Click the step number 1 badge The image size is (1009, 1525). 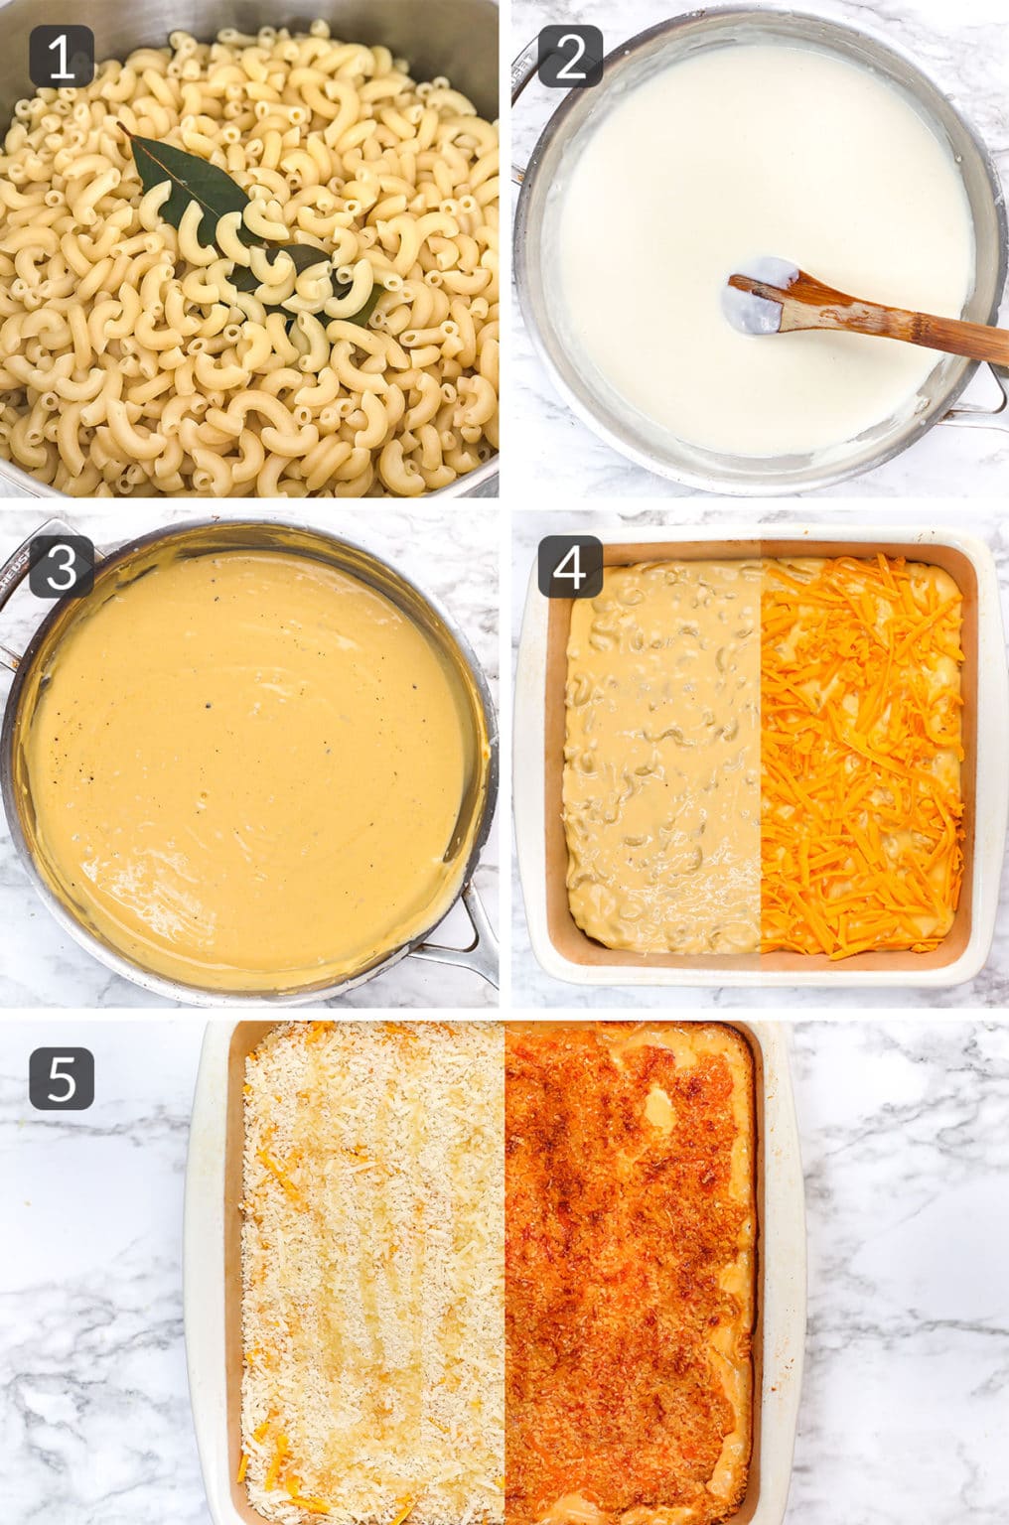click(62, 57)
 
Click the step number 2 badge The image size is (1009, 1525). click(570, 57)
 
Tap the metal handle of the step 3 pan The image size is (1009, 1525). click(467, 943)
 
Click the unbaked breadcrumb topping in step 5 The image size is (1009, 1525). click(372, 1271)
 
